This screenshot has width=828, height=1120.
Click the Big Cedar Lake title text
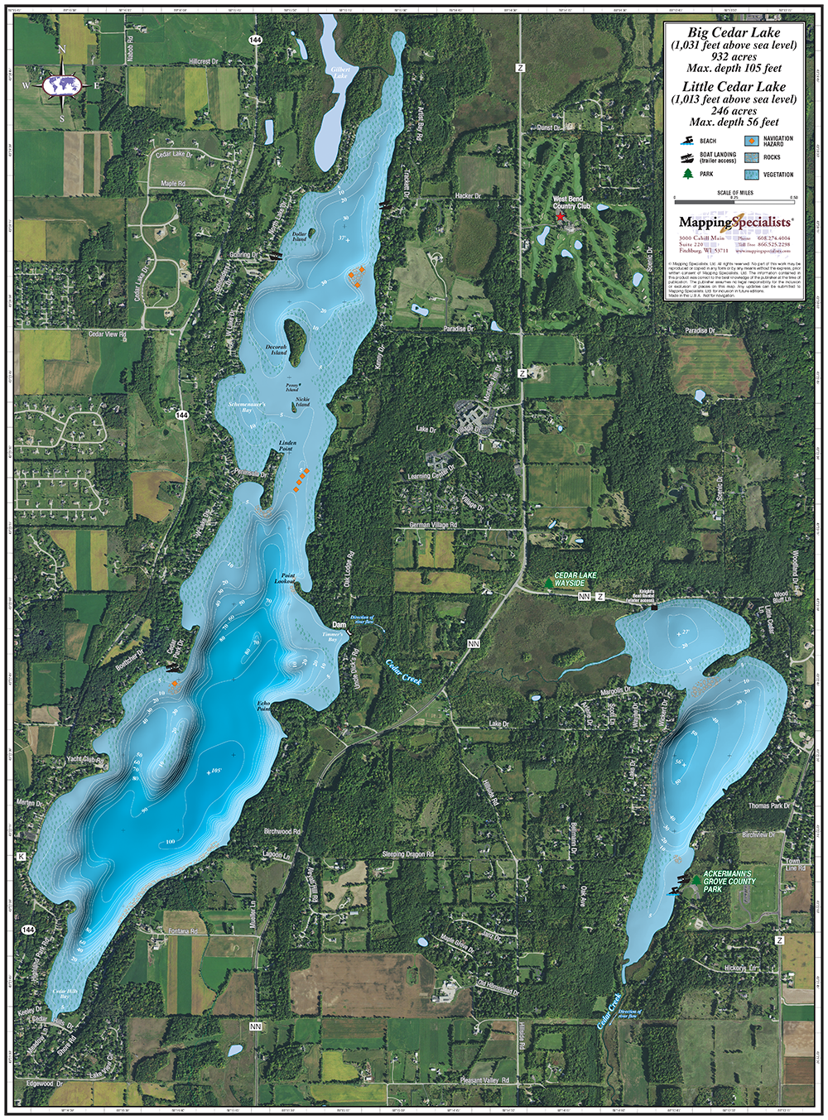pos(734,32)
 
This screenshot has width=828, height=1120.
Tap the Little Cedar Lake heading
pos(734,86)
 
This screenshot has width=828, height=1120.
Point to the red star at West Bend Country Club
pos(560,217)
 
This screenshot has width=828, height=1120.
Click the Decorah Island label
pos(277,349)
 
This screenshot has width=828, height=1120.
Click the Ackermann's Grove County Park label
pos(729,881)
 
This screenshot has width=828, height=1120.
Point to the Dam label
pos(339,625)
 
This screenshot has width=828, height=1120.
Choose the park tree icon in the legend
pos(686,174)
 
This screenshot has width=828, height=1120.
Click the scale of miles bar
pos(734,199)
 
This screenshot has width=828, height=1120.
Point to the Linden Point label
pos(287,445)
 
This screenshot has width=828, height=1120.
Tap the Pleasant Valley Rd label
pos(484,1080)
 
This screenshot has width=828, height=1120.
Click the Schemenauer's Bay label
pos(246,407)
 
